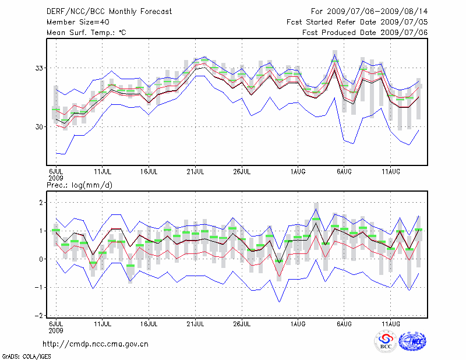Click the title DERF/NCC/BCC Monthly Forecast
(x=110, y=12)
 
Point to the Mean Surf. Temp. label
(x=86, y=33)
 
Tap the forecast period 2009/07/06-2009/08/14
(x=369, y=12)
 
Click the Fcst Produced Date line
(x=365, y=33)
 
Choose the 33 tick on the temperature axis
(x=40, y=68)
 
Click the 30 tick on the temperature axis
(x=40, y=127)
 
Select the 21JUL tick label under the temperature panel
(x=196, y=171)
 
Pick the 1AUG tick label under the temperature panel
(x=298, y=171)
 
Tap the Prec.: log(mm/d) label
(x=80, y=185)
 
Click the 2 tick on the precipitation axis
(x=42, y=203)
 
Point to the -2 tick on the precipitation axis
(x=40, y=316)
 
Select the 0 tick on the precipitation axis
(x=42, y=259)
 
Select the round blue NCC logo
(x=412, y=341)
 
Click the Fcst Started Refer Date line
(x=357, y=22)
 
